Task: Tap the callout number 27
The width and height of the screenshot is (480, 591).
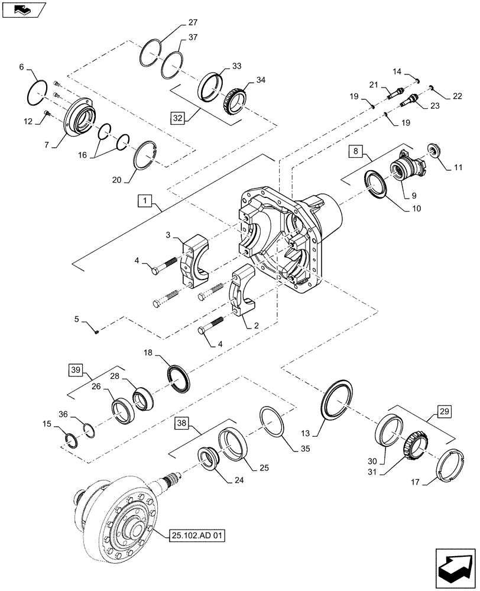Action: (x=193, y=23)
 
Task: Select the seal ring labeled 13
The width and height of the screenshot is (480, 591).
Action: (x=338, y=401)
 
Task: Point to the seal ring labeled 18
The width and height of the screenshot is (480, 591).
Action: (x=178, y=379)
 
